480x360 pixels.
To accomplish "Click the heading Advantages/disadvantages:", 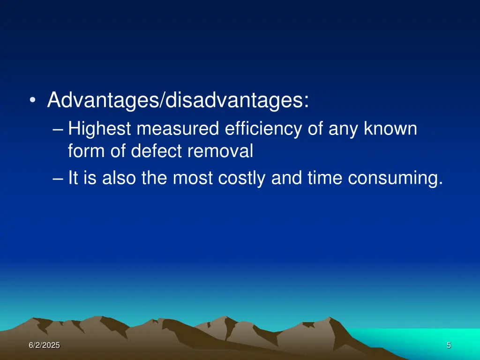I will tap(178, 100).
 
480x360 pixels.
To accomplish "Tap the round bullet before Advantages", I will tap(32, 101).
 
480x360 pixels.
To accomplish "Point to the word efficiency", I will tap(263, 128).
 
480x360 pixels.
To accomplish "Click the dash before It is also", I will tap(58, 179).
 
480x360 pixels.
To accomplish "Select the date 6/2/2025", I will tap(44, 345).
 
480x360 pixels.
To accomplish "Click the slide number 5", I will tap(449, 345).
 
